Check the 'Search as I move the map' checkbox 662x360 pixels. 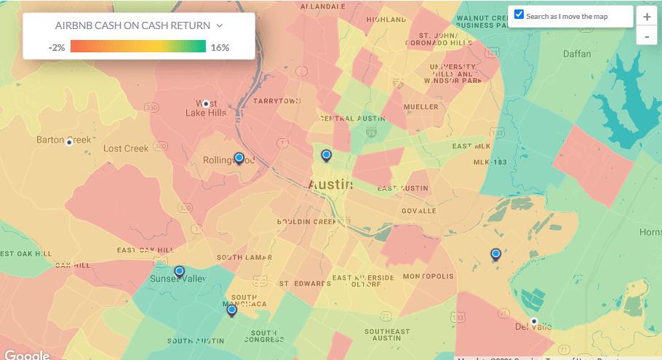coord(519,15)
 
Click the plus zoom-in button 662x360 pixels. coord(647,17)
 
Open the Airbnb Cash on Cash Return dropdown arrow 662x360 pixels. coord(219,25)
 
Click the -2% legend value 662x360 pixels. coord(57,47)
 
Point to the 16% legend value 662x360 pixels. coord(220,47)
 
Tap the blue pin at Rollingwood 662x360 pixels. coord(239,158)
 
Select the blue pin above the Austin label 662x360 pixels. coord(327,155)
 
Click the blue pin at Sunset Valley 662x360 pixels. coord(180,271)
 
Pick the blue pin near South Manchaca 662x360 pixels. coord(232,310)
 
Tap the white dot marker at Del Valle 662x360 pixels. coord(533,321)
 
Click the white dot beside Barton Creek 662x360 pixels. coord(69,142)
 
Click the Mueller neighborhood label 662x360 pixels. coord(420,107)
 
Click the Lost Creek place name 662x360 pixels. coord(126,148)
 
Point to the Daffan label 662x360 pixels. coord(577,54)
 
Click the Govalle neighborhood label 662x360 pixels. coord(418,211)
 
